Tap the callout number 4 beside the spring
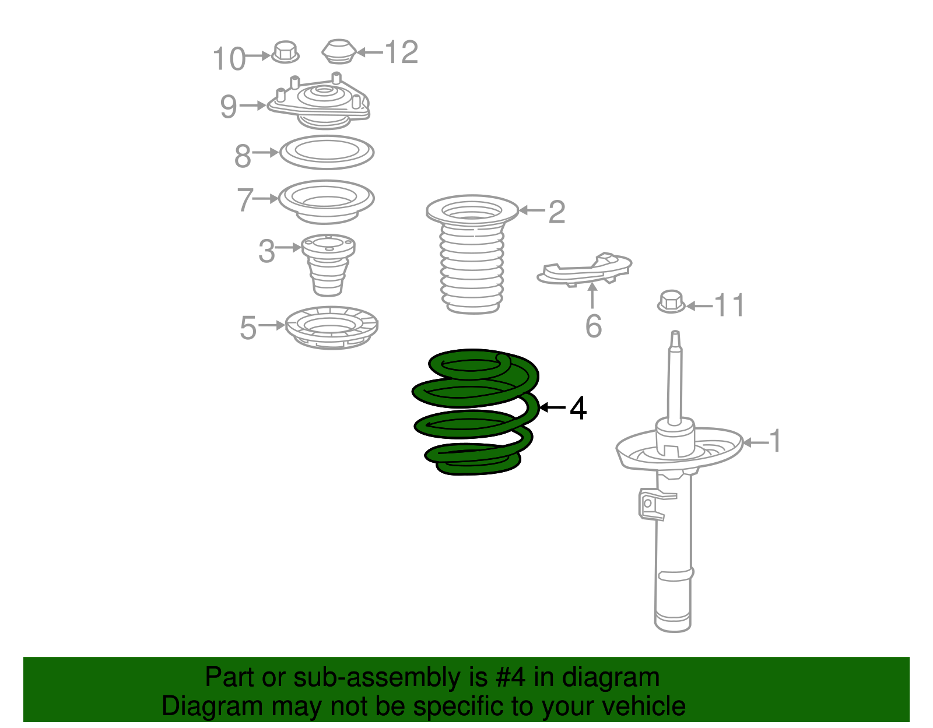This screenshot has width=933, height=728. pyautogui.click(x=578, y=408)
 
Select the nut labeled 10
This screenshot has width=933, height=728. pyautogui.click(x=285, y=52)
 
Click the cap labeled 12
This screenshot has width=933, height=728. pyautogui.click(x=339, y=51)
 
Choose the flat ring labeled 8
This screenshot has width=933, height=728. pyautogui.click(x=327, y=163)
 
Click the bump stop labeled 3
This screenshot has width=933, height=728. pyautogui.click(x=328, y=265)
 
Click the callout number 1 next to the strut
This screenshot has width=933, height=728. pyautogui.click(x=774, y=441)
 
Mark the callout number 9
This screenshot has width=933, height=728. pyautogui.click(x=229, y=106)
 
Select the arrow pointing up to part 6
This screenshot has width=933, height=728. pyautogui.click(x=592, y=296)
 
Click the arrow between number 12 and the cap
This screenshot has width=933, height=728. pyautogui.click(x=370, y=52)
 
